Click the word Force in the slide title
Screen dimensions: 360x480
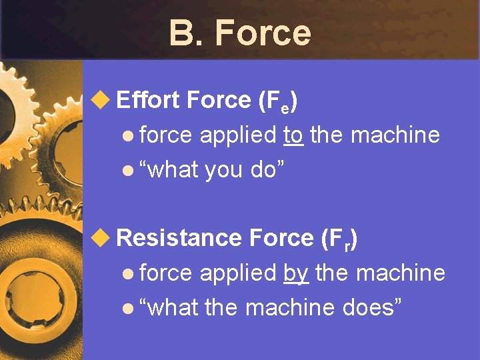[x=263, y=33]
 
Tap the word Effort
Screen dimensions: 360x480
[x=148, y=101]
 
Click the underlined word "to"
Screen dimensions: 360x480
[x=293, y=135]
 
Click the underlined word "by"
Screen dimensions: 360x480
[x=295, y=273]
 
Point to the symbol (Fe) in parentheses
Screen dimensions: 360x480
[x=277, y=102]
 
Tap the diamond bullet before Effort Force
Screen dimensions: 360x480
[x=100, y=101]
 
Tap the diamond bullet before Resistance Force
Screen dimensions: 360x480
[x=100, y=238]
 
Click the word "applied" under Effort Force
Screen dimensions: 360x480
[x=237, y=135]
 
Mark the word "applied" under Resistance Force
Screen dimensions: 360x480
[x=237, y=273]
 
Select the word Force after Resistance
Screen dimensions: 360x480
[x=280, y=238]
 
